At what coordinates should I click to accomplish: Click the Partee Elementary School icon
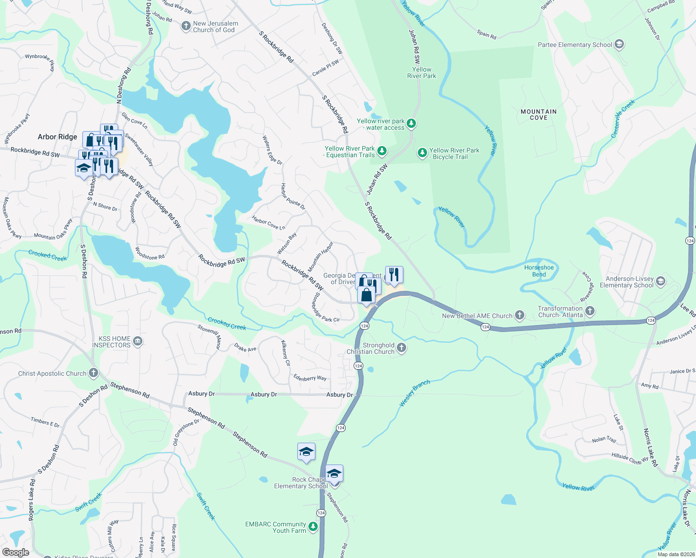click(619, 45)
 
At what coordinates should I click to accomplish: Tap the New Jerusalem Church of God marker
click(186, 26)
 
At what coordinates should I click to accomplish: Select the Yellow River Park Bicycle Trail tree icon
click(422, 153)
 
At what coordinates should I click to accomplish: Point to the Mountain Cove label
click(538, 114)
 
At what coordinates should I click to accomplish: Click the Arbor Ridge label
click(57, 137)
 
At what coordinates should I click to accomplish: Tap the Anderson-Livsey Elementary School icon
click(660, 281)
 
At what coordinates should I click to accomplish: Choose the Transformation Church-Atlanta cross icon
click(589, 311)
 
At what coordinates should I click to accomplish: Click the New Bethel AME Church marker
click(520, 315)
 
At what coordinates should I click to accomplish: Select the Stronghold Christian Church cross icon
click(402, 347)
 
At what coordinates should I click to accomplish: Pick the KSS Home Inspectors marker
click(137, 342)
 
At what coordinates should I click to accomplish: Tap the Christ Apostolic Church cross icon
click(94, 373)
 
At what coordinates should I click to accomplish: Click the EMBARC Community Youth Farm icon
click(313, 526)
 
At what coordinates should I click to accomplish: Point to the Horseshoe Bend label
click(539, 271)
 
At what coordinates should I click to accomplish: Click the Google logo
click(15, 552)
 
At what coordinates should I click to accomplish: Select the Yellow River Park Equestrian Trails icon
click(381, 151)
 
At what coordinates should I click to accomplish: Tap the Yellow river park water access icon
click(411, 123)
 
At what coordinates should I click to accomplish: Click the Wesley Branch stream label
click(415, 393)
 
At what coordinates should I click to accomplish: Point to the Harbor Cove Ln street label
click(268, 223)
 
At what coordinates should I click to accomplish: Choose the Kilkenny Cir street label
click(286, 352)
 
